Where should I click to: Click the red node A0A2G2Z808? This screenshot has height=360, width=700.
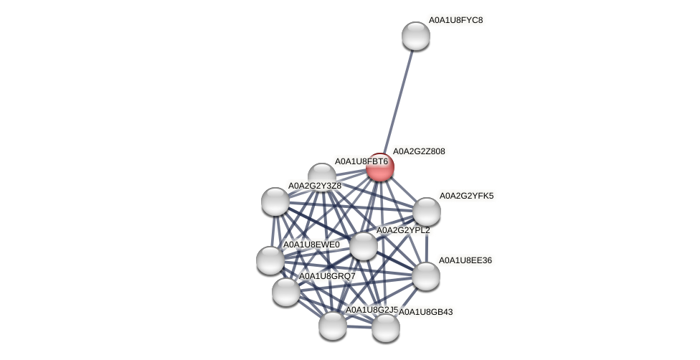coord(380,167)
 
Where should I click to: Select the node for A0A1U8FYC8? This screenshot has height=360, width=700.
coord(416,36)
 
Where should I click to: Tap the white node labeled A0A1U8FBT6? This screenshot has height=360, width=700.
coord(322,176)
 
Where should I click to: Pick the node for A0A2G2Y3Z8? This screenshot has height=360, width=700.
coord(275,202)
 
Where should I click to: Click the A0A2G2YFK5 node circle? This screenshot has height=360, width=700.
coord(427,212)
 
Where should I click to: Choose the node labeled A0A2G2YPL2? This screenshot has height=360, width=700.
coord(364,246)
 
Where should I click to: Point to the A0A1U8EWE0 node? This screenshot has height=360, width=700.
coord(270,260)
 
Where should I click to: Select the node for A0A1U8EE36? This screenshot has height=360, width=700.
coord(426,276)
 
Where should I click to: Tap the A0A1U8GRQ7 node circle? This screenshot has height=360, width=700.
coord(286,292)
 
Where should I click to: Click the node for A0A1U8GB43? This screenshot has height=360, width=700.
coord(386,328)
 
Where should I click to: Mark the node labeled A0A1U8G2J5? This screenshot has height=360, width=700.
coord(333,326)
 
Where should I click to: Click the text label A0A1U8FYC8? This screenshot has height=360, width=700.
coord(455,20)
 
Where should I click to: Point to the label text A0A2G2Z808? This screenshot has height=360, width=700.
coord(419,151)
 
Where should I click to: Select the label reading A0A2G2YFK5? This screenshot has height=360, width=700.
coord(466,196)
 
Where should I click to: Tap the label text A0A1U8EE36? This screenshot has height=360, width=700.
coord(465,260)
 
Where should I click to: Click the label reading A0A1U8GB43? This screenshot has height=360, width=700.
coord(426,312)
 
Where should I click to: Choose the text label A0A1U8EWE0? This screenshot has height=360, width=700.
coord(311,245)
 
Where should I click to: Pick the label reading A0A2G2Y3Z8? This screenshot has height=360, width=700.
coord(315,186)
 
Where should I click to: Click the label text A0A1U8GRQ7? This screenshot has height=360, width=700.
coord(327,276)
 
